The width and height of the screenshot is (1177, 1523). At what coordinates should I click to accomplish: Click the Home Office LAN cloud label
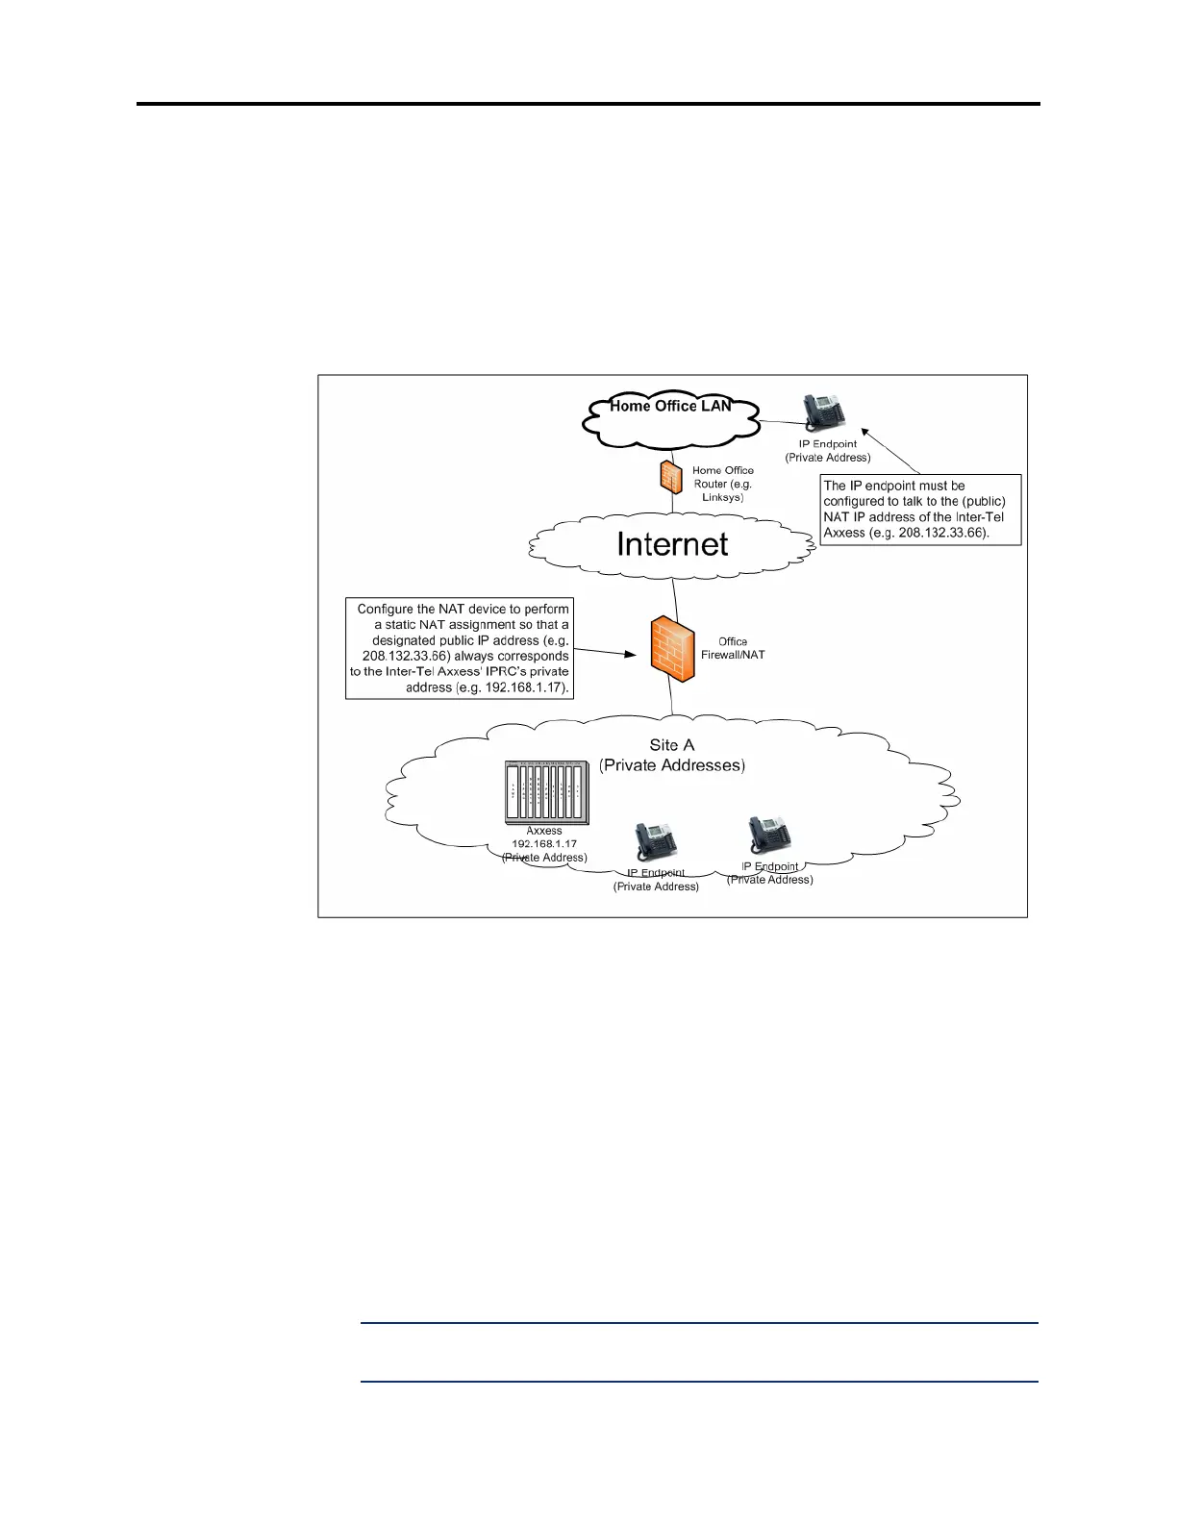click(x=670, y=406)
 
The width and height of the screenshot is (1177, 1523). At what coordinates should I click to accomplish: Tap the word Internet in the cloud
click(x=672, y=544)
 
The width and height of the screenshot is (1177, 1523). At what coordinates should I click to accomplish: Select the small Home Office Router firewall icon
click(x=670, y=477)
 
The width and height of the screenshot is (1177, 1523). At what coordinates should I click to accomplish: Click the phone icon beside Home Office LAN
click(x=824, y=413)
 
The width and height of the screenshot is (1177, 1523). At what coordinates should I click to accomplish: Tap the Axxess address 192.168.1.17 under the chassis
click(x=544, y=844)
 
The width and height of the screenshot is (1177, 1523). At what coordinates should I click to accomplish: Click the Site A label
click(x=671, y=745)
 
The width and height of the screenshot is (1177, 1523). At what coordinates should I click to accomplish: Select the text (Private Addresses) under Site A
click(x=671, y=765)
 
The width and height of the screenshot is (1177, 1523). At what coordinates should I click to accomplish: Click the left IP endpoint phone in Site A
click(x=656, y=843)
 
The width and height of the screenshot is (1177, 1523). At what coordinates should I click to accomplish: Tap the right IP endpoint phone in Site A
click(x=770, y=836)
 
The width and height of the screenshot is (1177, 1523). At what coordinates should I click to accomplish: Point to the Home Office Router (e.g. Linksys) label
click(x=723, y=484)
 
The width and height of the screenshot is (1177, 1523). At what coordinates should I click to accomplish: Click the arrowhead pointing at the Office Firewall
click(x=632, y=654)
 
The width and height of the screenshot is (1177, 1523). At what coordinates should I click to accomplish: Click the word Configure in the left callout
click(x=387, y=609)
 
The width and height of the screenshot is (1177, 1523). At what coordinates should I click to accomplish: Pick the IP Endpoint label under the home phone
click(x=828, y=444)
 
